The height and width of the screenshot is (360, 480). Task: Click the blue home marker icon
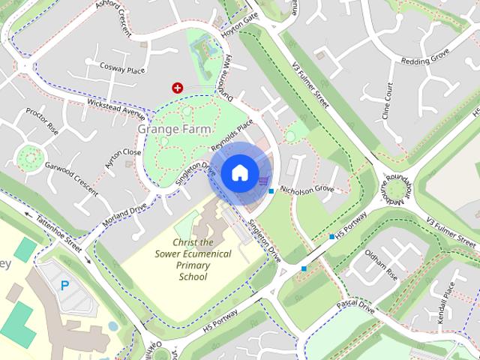(x=238, y=173)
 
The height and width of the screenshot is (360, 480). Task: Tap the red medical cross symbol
(x=178, y=88)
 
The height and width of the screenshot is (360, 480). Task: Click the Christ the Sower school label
(x=193, y=259)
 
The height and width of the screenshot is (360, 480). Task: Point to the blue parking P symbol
(x=64, y=285)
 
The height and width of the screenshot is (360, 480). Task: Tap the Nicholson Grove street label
(x=306, y=190)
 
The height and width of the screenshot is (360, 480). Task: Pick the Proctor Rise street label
(x=42, y=120)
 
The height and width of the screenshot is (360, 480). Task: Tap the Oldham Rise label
(x=381, y=265)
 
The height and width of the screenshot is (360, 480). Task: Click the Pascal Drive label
(x=355, y=305)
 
